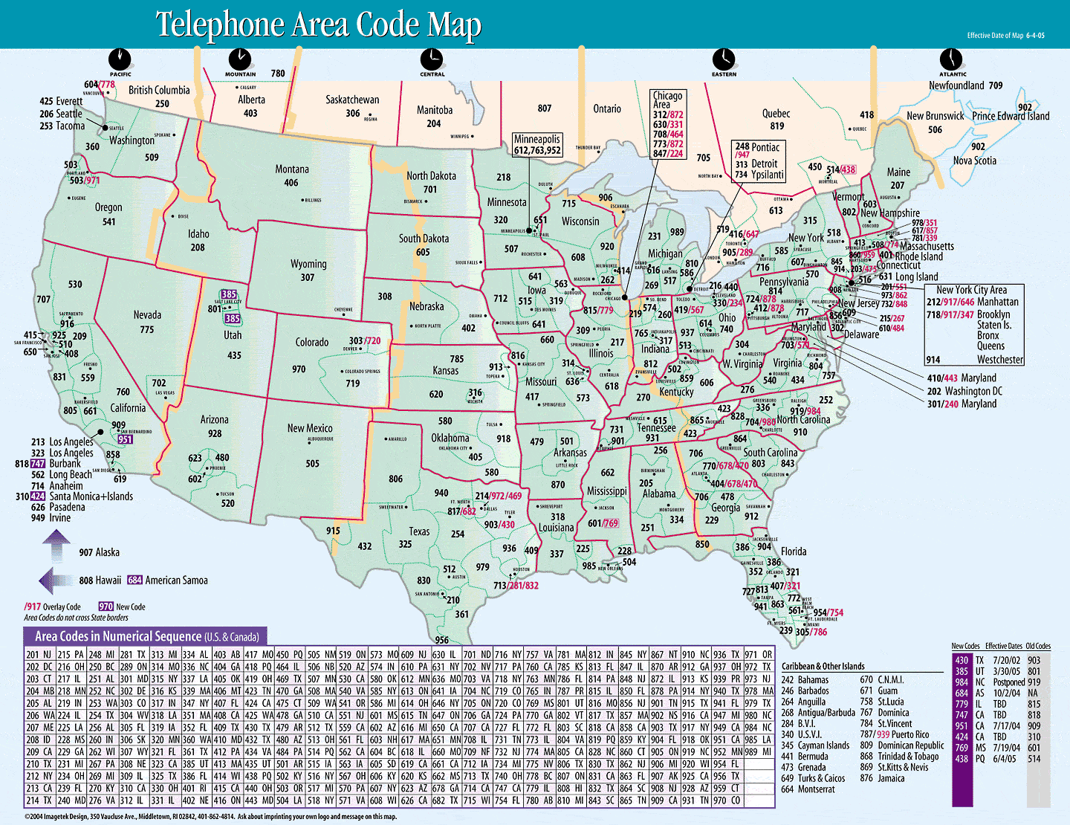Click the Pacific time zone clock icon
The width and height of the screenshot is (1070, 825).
pos(120,59)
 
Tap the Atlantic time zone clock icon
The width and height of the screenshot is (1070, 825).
pos(951,59)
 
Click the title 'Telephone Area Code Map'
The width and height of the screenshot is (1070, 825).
pos(318,25)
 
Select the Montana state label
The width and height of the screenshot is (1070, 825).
pos(292,169)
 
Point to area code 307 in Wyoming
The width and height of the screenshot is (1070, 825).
pos(308,277)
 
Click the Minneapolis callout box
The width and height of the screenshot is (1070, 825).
pos(537,144)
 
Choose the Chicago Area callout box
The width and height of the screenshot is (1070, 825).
pos(667,124)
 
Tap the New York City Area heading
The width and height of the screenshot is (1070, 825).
pos(971,290)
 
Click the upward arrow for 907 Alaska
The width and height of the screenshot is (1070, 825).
pos(56,549)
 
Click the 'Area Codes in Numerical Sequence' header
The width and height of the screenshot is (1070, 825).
pos(146,636)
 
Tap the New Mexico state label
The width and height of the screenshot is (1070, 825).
pos(310,428)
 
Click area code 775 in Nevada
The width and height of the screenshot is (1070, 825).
pos(147,329)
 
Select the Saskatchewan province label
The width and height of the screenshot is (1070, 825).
pos(352,100)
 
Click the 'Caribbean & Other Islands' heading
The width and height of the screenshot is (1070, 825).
pos(823,666)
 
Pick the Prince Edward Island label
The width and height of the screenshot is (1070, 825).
pos(1011,116)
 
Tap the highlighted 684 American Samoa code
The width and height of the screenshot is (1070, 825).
pos(134,580)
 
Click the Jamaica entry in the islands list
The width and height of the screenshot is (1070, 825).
pos(891,778)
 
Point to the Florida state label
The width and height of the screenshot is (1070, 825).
pos(793,551)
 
